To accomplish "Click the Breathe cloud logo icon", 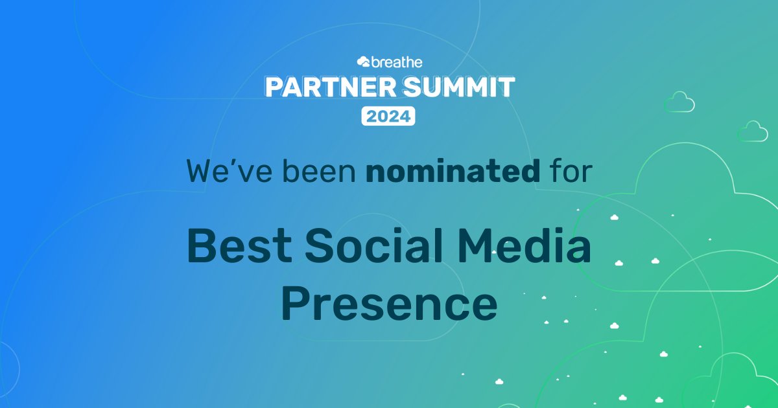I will click(363, 62).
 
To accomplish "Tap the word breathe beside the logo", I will click(397, 62).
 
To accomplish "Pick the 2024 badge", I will click(388, 117).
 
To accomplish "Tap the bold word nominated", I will click(452, 171).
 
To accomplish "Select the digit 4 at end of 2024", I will click(405, 117).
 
